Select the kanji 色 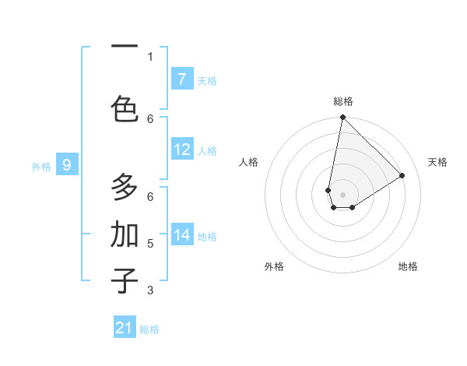point(125,107)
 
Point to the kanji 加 point(125,234)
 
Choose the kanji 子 point(125,280)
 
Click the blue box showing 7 point(181,79)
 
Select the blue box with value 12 point(181,150)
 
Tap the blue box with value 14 point(181,235)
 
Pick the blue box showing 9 point(67,165)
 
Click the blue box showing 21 point(125,328)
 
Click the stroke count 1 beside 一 point(150,57)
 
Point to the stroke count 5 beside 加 point(150,244)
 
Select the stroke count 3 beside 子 point(150,290)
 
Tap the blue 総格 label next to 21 point(149,329)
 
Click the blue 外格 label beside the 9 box point(41,166)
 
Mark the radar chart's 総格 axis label point(343,101)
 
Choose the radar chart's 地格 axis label point(408,266)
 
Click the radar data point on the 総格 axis point(342,118)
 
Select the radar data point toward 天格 point(402,176)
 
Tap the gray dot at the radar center point(343,195)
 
